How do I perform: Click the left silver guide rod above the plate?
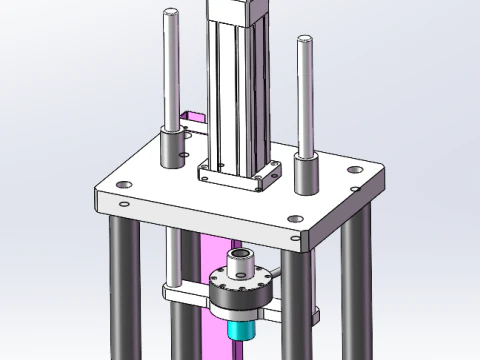(x=172, y=70)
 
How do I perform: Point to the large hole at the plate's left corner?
(x=122, y=185)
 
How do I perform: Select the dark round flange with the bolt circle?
(x=240, y=292)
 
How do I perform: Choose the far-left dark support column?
(x=122, y=290)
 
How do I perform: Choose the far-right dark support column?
(x=352, y=290)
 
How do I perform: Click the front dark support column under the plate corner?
(x=295, y=310)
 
